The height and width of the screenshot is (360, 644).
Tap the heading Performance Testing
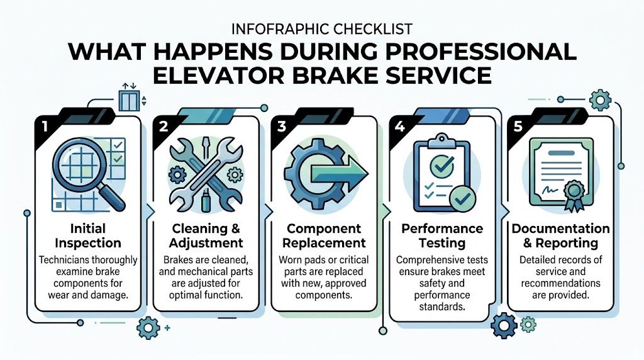pos(442,235)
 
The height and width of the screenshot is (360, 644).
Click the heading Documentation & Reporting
pos(560,235)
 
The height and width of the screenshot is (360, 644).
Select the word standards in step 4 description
pos(442,307)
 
